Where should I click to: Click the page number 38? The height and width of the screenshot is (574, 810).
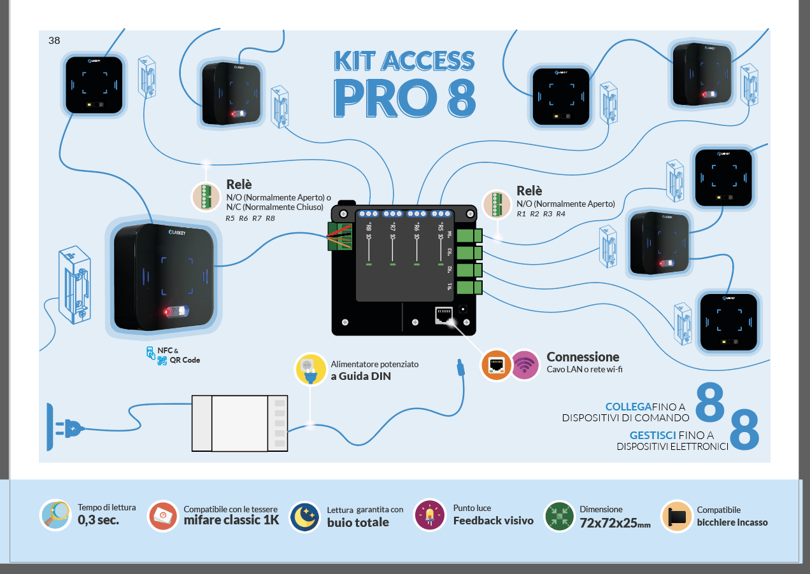click(x=54, y=41)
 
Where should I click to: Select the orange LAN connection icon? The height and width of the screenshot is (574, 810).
click(x=495, y=365)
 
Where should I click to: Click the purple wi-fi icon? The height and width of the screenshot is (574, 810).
click(x=525, y=365)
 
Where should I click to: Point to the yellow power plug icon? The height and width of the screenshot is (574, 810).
click(x=309, y=369)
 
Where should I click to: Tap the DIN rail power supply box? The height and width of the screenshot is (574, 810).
click(x=240, y=423)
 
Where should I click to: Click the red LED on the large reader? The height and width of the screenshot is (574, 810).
click(x=169, y=312)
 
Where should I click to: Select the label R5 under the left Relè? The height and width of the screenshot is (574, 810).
click(x=231, y=218)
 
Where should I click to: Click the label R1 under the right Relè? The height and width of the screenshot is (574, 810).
click(x=521, y=214)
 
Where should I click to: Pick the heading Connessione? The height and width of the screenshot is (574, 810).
click(x=583, y=357)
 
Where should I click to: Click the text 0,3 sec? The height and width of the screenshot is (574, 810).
click(x=98, y=520)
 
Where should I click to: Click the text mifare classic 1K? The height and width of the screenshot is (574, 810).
click(x=231, y=521)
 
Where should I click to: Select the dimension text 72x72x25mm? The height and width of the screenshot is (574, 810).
click(x=615, y=522)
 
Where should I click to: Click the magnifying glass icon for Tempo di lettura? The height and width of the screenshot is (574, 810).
click(x=55, y=515)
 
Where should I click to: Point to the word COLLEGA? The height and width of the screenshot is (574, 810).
click(x=628, y=406)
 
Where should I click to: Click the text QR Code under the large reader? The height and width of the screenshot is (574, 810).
click(x=185, y=360)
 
